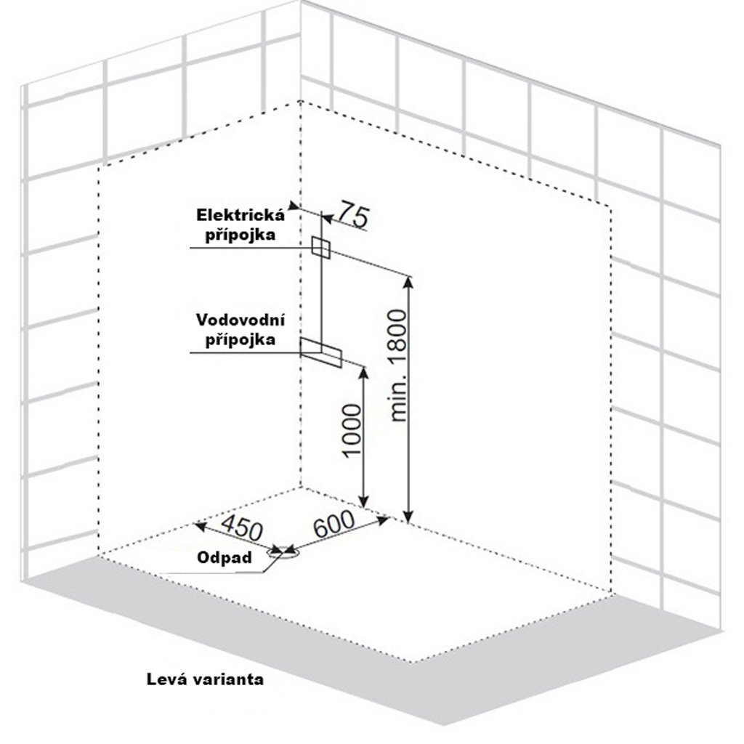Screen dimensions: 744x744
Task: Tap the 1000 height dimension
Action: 351,431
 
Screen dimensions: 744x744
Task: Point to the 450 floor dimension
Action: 240,527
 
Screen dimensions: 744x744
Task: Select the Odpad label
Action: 225,558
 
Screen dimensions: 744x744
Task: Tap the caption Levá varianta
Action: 205,680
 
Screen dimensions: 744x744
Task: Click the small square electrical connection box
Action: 320,247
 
